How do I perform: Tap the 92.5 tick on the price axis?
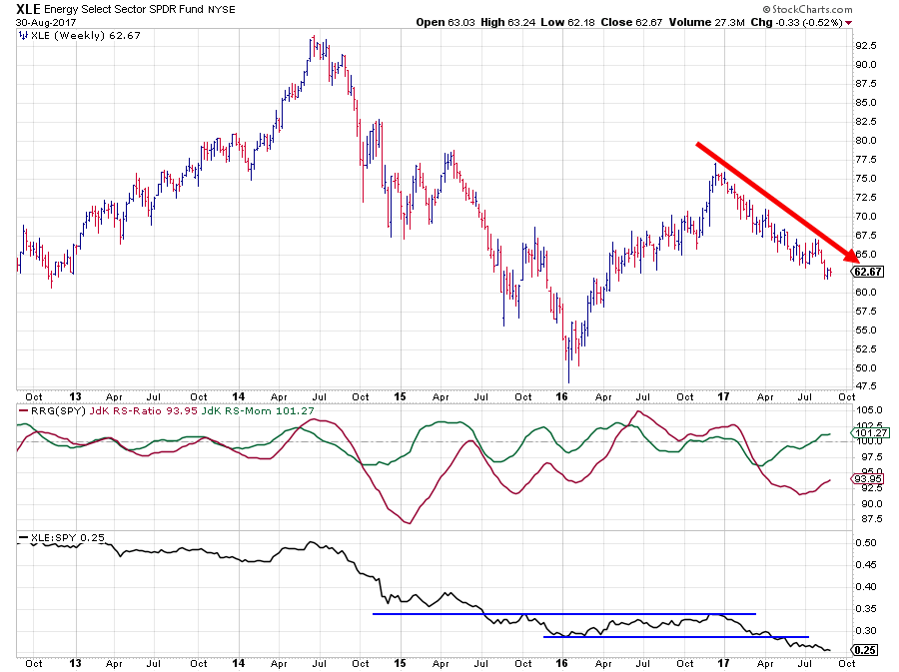[x=866, y=46]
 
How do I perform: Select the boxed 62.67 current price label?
[x=867, y=272]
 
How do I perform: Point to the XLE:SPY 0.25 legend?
[x=57, y=539]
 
